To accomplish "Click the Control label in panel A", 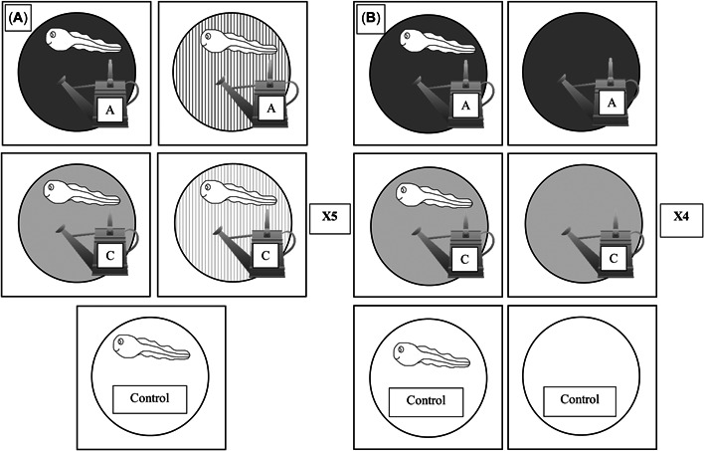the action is (152, 399).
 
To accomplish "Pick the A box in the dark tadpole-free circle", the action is (614, 106).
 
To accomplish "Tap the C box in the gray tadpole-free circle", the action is (614, 253).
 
